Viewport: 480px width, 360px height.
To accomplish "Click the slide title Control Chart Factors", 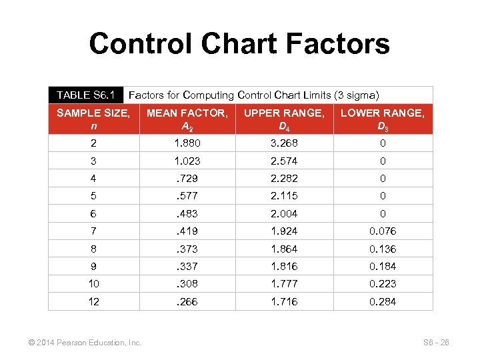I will click(239, 44).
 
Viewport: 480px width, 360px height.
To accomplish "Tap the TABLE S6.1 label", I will click(86, 95).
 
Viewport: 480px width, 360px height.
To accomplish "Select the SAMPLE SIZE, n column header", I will click(93, 119).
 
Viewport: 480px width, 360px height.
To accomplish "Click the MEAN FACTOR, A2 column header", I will click(187, 119).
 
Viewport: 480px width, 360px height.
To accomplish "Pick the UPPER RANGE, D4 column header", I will click(284, 119).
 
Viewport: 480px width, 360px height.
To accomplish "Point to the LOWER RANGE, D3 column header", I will click(382, 119).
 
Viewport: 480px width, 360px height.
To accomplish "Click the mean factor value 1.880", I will click(187, 143).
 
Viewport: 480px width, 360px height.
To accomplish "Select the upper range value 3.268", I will click(284, 143).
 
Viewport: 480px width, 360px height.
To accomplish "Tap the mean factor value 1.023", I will click(187, 161).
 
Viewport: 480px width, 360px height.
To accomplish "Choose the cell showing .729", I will click(187, 179).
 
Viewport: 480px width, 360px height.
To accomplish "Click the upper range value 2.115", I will click(284, 196).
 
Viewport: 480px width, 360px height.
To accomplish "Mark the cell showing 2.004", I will click(284, 213).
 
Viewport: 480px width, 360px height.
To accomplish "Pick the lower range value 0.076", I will click(382, 231).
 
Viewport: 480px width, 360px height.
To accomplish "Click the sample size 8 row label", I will click(93, 249).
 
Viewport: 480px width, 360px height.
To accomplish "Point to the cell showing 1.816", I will click(284, 266).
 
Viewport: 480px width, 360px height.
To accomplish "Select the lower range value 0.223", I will click(382, 284).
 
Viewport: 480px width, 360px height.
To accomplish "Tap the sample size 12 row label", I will click(93, 301).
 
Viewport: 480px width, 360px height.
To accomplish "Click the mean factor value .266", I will click(187, 301).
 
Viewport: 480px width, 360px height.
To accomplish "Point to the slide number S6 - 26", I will click(436, 343).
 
